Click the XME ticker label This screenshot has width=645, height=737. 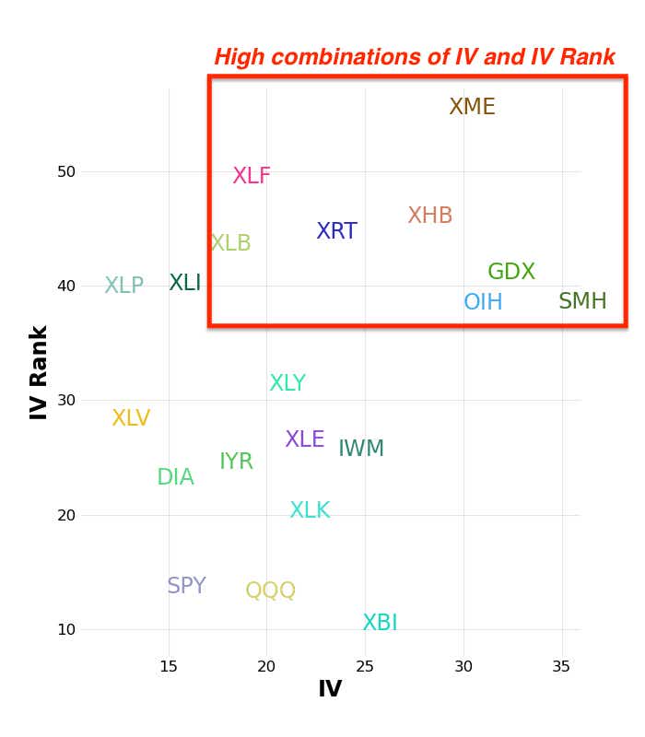point(472,107)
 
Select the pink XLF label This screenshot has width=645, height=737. point(252,176)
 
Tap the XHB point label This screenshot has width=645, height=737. point(430,216)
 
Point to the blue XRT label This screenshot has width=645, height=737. point(336,231)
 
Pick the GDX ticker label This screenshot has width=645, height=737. point(511,272)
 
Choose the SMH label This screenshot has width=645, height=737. point(582,301)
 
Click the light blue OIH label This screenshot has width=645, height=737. point(483,302)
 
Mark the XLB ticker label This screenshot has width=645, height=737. point(230,243)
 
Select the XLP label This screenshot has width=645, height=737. point(123,286)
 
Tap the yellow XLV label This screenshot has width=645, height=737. point(131,418)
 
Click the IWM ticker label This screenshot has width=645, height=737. point(361,449)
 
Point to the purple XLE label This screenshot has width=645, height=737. point(305,439)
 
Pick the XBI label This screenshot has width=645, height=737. point(380,623)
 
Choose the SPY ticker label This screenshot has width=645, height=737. point(186,586)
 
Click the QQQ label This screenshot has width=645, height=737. point(271,591)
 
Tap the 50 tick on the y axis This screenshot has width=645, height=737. point(65,171)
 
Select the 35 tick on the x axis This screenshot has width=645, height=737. point(561,667)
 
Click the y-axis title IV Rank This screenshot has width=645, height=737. point(39,372)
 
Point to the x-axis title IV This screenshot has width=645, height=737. point(329,689)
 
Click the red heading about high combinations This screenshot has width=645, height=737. point(415,57)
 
